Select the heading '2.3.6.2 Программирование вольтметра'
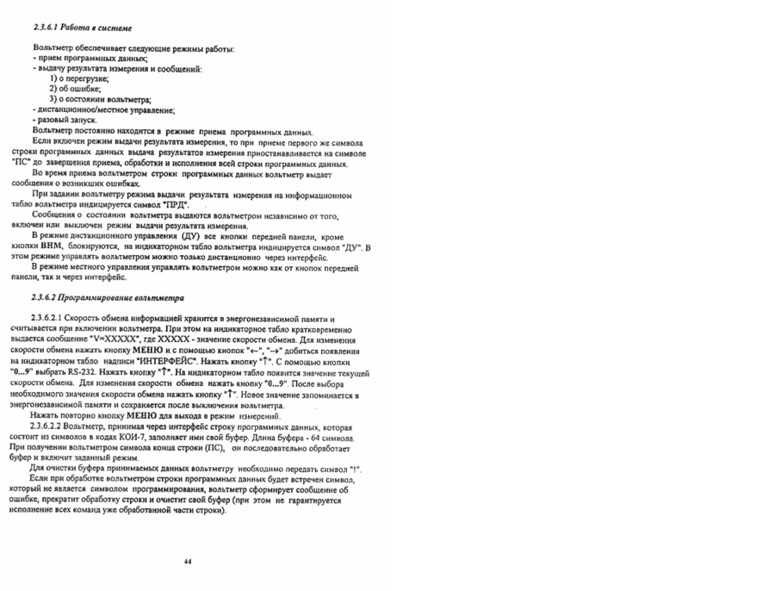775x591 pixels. [x=108, y=297]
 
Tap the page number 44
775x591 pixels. [x=188, y=561]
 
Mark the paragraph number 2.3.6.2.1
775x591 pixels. [x=51, y=319]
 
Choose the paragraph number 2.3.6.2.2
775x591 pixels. [x=51, y=426]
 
